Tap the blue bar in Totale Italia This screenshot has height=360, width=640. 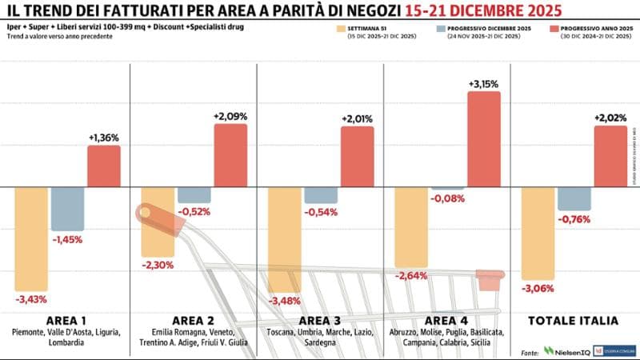click(574, 198)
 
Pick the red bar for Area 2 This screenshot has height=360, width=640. click(230, 155)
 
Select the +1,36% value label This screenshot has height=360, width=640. click(103, 138)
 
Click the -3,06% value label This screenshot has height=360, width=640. click(538, 288)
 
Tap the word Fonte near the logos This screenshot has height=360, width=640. click(529, 351)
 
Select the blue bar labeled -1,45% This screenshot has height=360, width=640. click(66, 209)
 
